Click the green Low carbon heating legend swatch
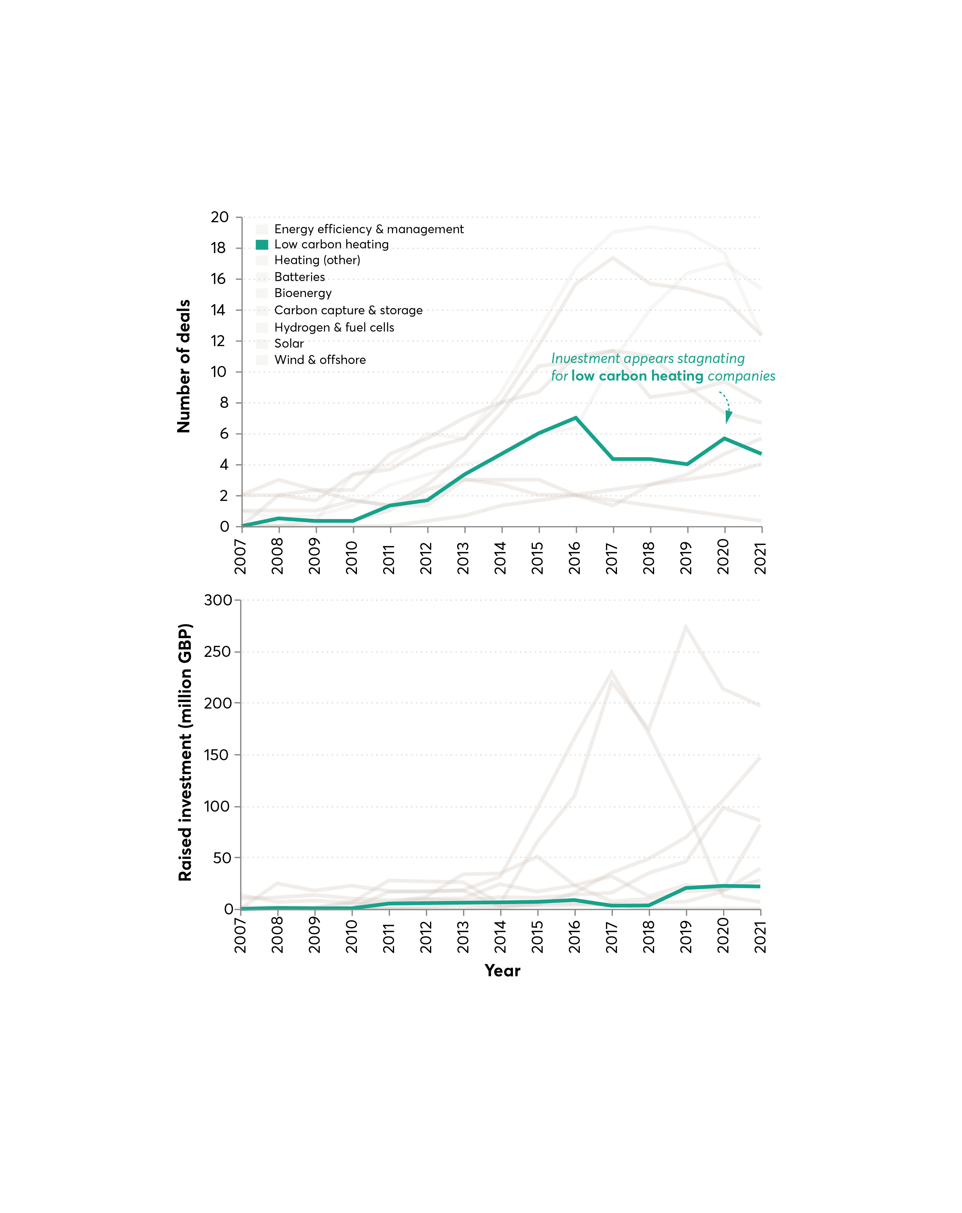262,245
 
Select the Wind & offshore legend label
320,360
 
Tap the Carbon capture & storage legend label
348,310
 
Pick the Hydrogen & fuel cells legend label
334,327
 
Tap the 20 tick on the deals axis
220,217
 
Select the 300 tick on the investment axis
218,600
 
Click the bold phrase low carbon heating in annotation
637,376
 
